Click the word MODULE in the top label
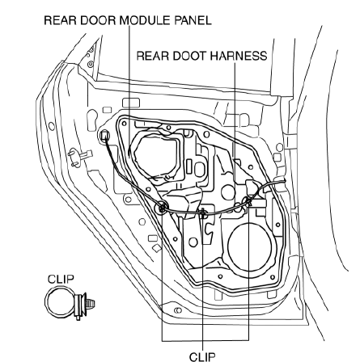144,20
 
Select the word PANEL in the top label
193,20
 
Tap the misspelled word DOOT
189,56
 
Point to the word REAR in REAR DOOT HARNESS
152,56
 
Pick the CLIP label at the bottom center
202,356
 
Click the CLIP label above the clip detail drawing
61,279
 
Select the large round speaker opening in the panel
249,246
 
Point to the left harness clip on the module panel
163,207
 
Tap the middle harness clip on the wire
202,213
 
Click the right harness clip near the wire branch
248,201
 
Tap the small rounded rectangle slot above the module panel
131,103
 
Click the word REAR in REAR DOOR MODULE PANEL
60,20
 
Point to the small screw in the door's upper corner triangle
91,64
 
